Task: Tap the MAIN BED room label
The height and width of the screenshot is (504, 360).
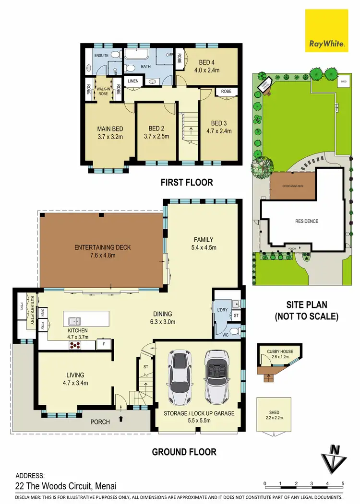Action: tap(110, 129)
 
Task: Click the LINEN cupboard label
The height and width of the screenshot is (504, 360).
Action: tap(133, 81)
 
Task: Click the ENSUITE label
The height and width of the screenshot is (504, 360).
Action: tap(101, 56)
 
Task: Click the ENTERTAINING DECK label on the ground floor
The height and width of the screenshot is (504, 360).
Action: tap(102, 247)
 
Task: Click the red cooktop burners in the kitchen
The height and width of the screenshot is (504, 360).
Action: tap(76, 344)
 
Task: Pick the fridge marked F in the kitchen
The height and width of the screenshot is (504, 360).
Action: tap(103, 344)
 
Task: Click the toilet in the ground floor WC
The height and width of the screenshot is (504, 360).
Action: tap(234, 331)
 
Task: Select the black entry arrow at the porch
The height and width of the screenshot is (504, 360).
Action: tap(120, 419)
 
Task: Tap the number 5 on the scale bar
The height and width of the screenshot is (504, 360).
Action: tap(343, 483)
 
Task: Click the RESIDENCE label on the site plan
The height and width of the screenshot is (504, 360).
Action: tap(306, 221)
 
